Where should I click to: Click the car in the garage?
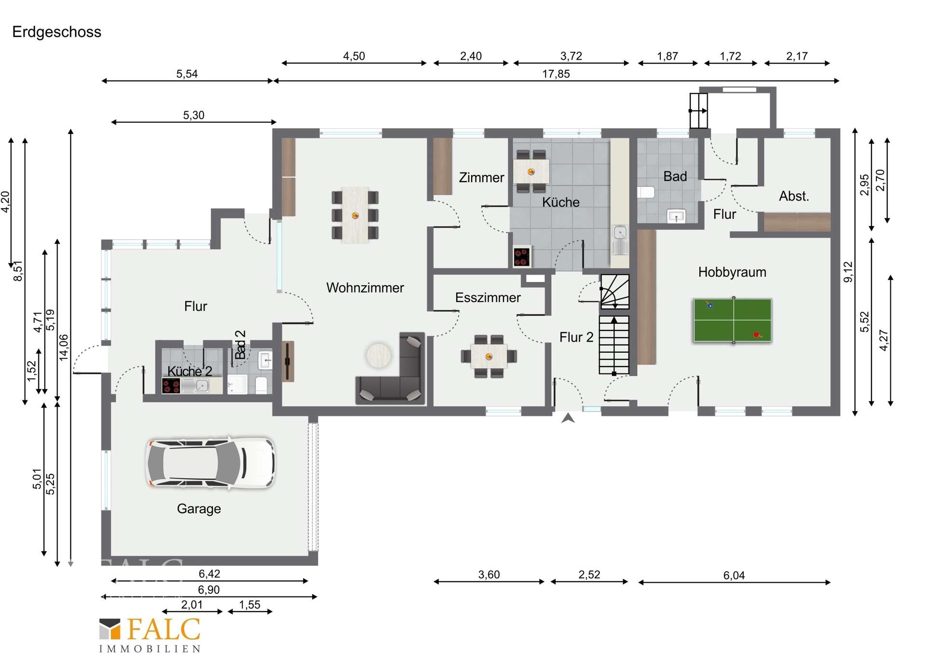coord(211,463)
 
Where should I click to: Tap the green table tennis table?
coord(733,320)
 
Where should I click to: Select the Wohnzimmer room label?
coord(365,288)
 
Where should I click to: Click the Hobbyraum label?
coord(732,272)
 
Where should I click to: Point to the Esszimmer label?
coord(488,297)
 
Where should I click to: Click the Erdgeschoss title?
coord(56,32)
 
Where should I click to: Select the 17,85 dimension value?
coord(556,74)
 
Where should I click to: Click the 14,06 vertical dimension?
coord(64,347)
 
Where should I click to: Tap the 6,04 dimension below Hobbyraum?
coord(734,575)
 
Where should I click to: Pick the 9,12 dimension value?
coord(848,272)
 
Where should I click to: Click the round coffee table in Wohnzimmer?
coord(379,355)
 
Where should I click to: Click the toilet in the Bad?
coord(646,192)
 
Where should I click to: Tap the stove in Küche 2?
coord(171,386)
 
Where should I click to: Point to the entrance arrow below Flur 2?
coord(568,418)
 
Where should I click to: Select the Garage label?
coord(199,509)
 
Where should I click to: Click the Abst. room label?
coord(794,196)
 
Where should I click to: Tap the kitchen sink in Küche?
coord(620,240)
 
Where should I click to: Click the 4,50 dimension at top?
coord(354,56)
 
